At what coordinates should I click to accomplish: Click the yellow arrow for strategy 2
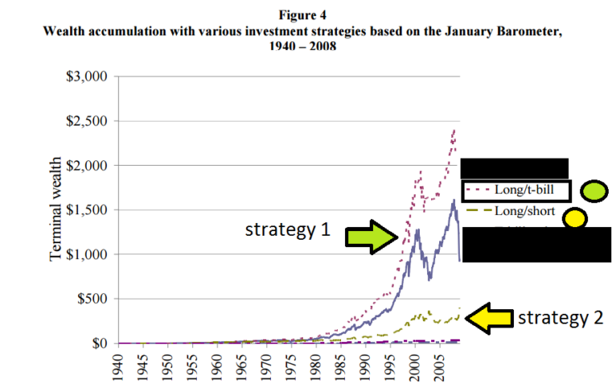point(488,319)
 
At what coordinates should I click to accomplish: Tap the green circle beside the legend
point(594,191)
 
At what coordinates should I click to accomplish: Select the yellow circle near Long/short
point(575,218)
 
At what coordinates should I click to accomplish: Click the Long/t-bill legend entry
point(516,190)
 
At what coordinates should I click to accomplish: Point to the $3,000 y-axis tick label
point(85,76)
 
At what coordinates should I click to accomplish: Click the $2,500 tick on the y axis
point(85,121)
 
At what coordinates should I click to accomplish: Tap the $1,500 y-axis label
point(85,210)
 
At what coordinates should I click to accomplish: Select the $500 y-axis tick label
point(92,299)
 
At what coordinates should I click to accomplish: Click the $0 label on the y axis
point(99,343)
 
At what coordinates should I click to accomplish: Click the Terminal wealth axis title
point(57,210)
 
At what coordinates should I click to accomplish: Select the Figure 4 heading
point(306,15)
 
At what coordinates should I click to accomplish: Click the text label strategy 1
point(287,231)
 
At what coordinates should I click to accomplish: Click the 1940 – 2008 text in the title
point(306,45)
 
